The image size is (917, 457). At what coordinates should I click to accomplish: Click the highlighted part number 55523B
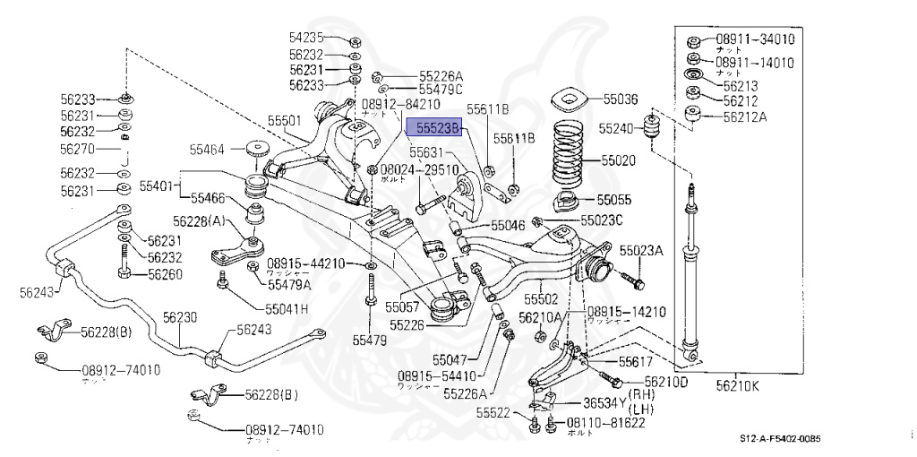433,129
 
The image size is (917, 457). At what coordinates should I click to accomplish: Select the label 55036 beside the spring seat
620,99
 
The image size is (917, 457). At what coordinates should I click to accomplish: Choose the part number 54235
306,38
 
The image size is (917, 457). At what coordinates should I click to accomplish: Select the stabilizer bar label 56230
179,317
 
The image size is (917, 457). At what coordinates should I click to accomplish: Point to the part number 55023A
641,251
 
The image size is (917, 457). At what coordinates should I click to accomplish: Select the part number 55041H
287,309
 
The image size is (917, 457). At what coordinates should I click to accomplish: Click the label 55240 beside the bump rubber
617,127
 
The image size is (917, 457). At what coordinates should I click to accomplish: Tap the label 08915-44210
305,263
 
